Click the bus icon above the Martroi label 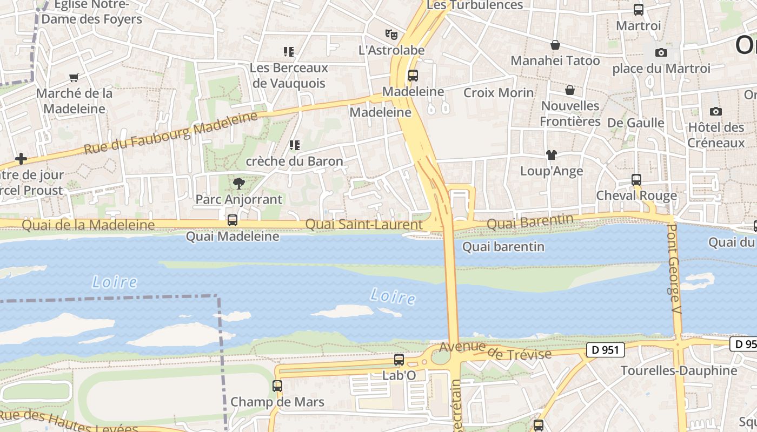click(x=639, y=9)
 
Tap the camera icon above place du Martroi click(x=661, y=52)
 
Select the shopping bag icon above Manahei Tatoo click(x=555, y=45)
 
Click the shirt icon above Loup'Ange click(x=551, y=155)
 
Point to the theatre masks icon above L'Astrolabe click(x=391, y=35)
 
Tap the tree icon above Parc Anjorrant click(x=238, y=184)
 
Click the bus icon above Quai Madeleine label click(x=233, y=220)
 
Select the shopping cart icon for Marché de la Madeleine click(x=74, y=77)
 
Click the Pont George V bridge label click(x=673, y=264)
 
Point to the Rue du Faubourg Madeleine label click(x=171, y=133)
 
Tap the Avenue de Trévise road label click(x=495, y=351)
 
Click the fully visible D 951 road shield click(x=605, y=350)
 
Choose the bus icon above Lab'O click(x=399, y=360)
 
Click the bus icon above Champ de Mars click(x=277, y=386)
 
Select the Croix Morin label click(x=499, y=93)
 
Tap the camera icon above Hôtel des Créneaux click(x=716, y=112)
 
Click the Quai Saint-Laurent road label click(x=364, y=224)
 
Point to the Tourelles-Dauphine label click(x=679, y=370)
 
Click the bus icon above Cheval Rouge click(x=636, y=180)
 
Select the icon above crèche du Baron click(x=295, y=145)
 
